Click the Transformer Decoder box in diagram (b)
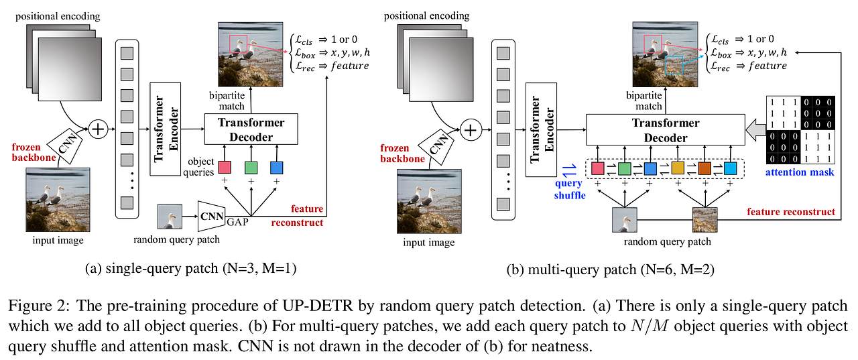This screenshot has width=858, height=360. pos(665,129)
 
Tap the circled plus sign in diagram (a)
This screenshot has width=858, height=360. pos(99,129)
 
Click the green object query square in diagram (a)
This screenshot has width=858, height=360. pos(251,167)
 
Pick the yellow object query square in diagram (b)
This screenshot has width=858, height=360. pos(678,168)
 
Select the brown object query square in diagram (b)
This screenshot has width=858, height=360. pos(703,168)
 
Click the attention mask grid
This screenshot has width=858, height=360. pos(800,129)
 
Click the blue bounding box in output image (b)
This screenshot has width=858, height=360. pos(672,65)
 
